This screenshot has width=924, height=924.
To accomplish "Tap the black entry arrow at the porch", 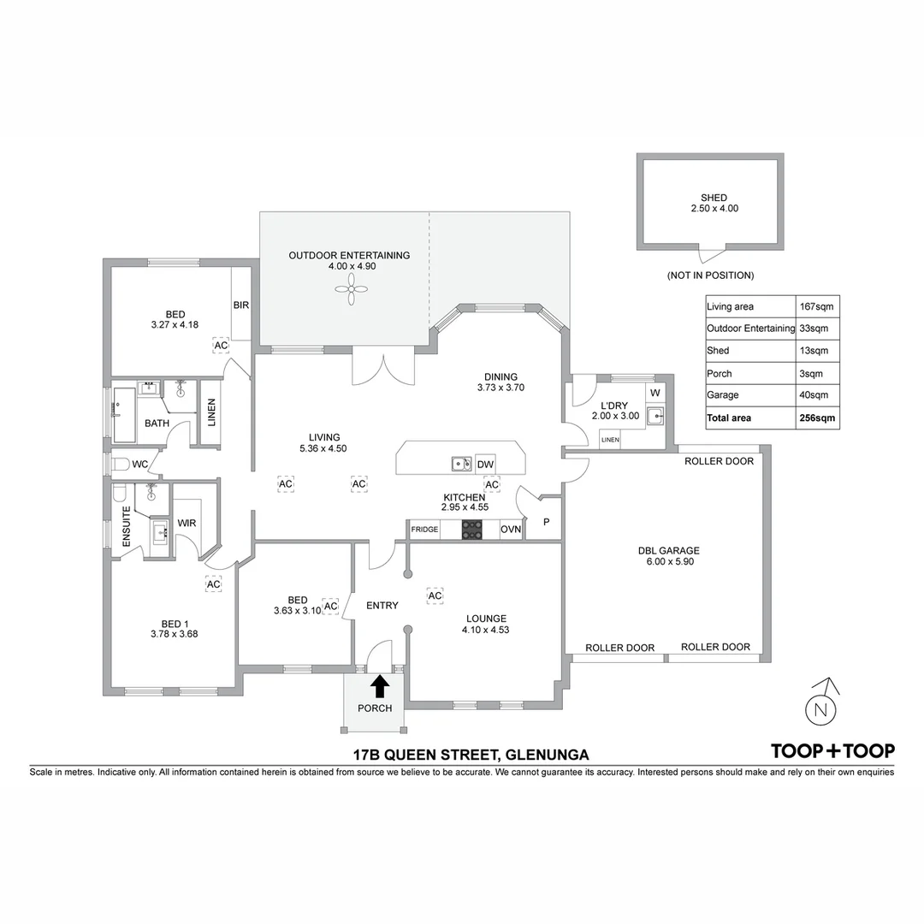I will click(x=380, y=684).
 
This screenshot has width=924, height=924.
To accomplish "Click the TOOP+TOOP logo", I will click(x=832, y=750).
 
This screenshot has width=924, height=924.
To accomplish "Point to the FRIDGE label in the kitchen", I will click(x=424, y=530).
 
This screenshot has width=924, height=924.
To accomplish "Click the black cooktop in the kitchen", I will click(x=471, y=530).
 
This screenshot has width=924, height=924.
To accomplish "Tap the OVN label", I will click(x=511, y=530).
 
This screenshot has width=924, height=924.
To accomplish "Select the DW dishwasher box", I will click(x=485, y=465).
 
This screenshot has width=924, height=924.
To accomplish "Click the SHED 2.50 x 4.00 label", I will click(x=714, y=203).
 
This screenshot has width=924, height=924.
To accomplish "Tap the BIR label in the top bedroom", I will click(x=240, y=304).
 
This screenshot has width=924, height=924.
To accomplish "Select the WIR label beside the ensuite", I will click(x=187, y=523).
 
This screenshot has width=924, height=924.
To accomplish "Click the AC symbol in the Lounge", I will click(x=435, y=595).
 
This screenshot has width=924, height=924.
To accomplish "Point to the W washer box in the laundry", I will click(x=655, y=393).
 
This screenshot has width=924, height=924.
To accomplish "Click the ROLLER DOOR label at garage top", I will click(x=719, y=461).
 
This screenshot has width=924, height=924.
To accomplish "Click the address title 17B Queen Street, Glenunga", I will click(x=471, y=755).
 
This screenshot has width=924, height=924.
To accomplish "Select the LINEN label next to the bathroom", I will click(x=210, y=412).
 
